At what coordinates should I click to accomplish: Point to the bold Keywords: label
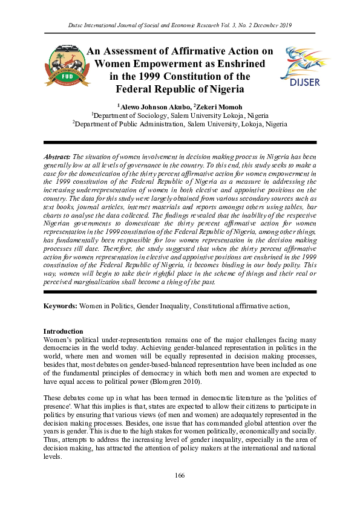point(60,306)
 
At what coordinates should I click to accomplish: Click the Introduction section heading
point(64,331)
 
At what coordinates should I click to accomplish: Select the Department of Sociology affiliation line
point(180,115)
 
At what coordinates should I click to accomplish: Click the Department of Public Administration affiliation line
point(180,124)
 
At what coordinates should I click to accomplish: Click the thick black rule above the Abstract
point(180,145)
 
